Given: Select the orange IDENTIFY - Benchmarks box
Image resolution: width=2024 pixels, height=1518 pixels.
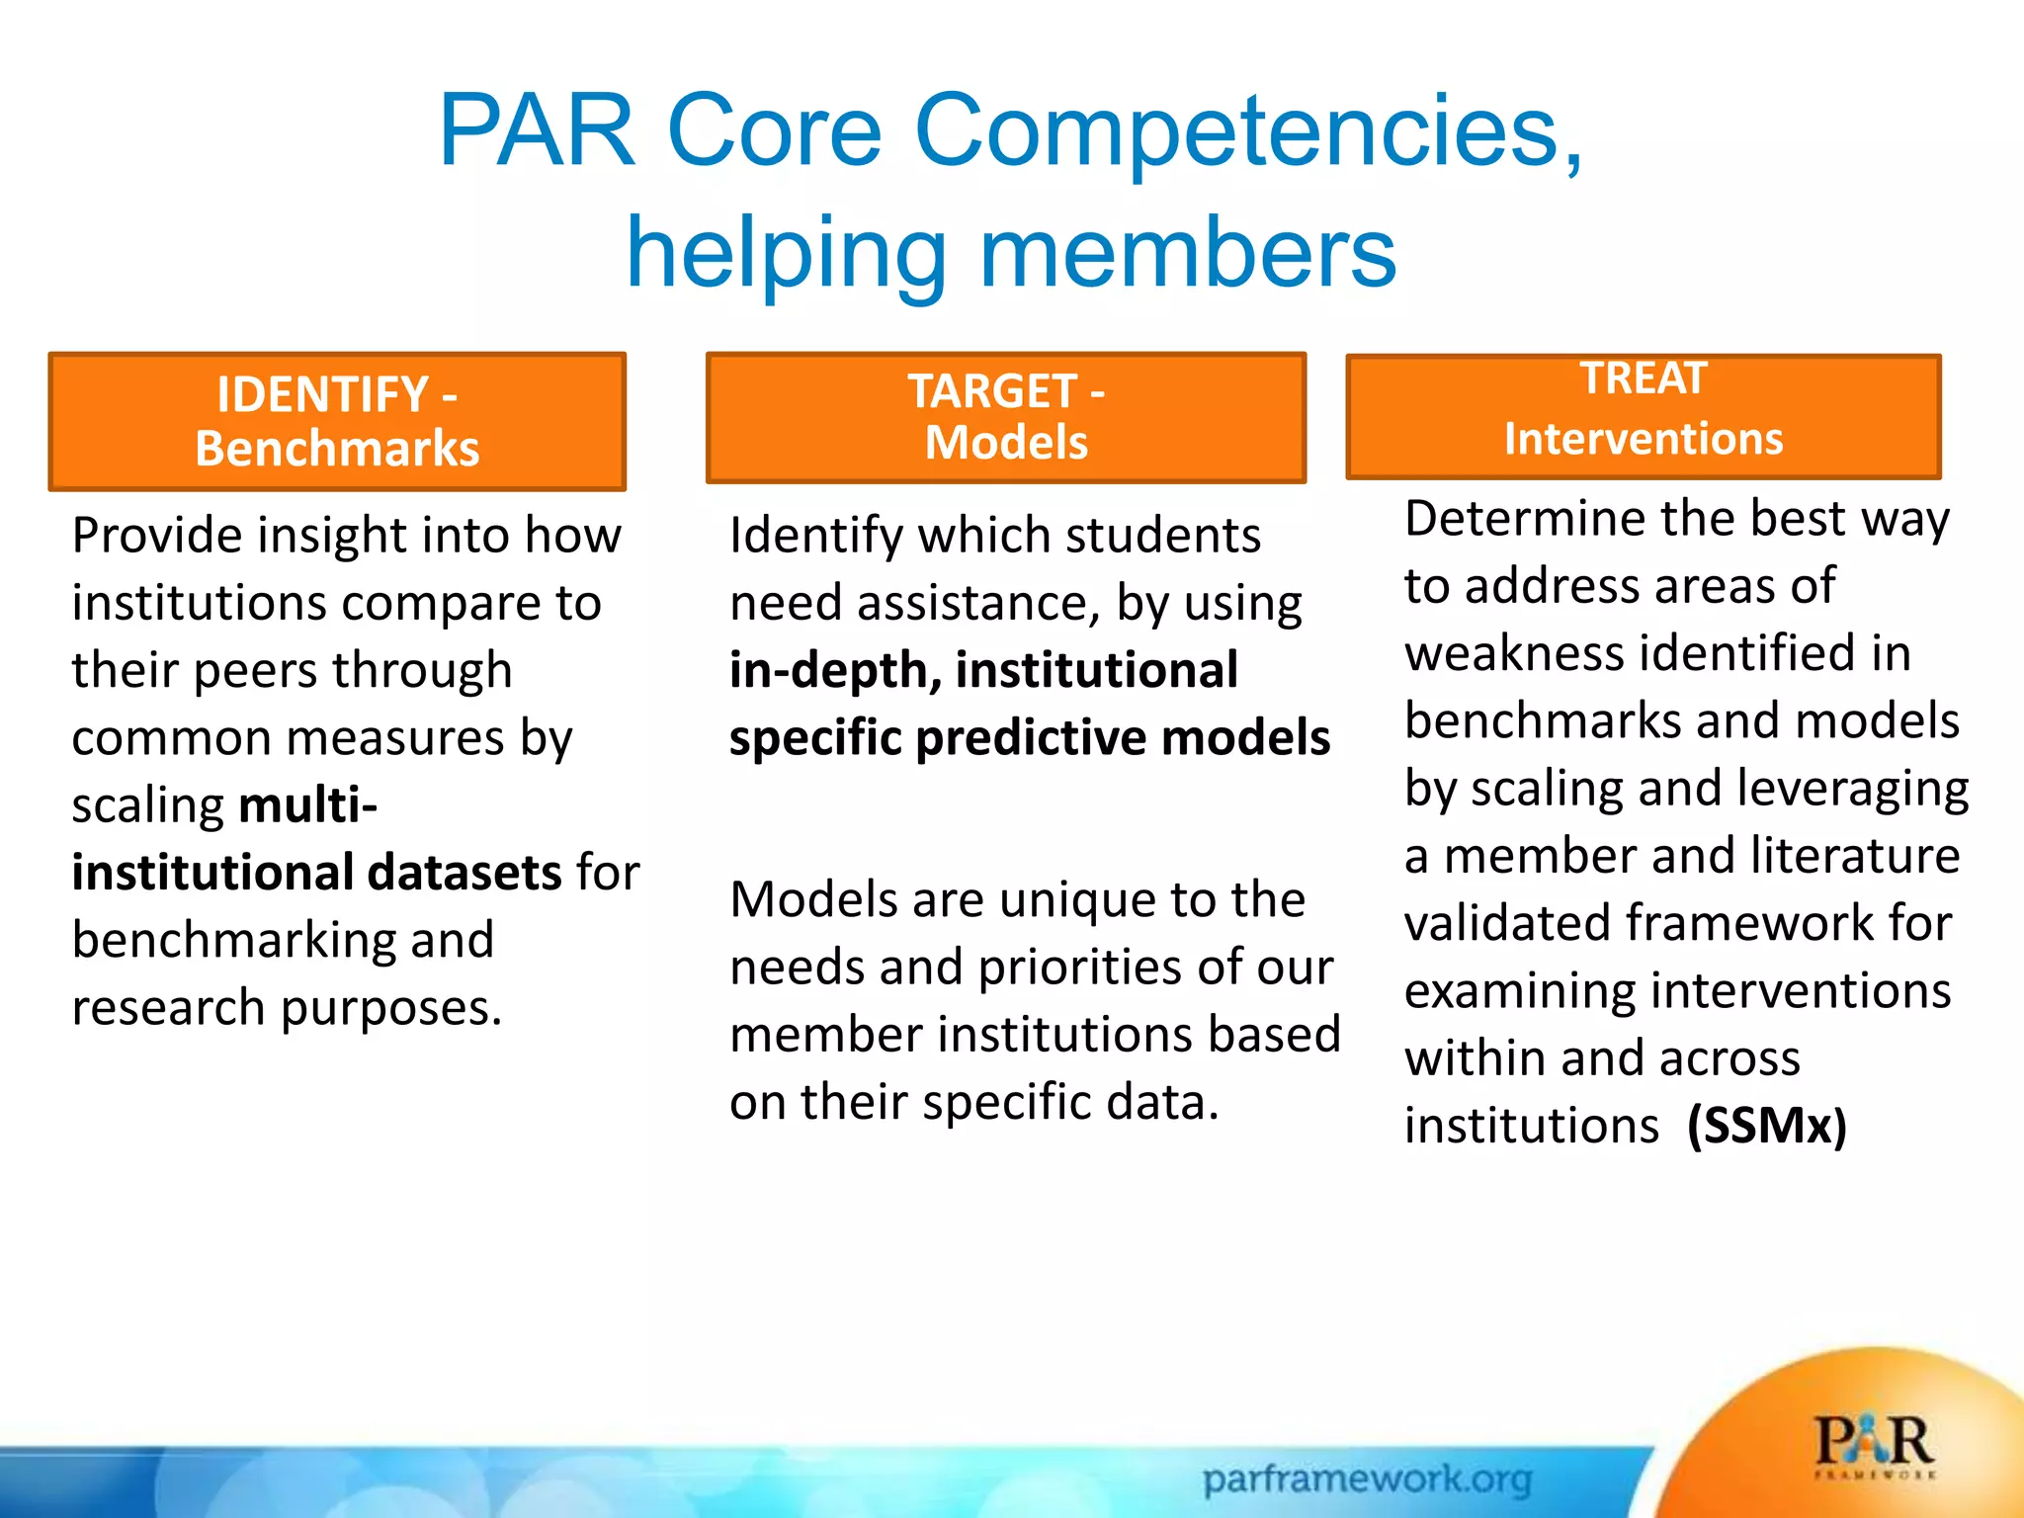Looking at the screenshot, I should click(337, 422).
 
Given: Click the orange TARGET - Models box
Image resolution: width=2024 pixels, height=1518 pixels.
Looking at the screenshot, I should click(1006, 418).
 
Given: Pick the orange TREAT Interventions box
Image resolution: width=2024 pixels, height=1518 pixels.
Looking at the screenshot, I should click(1644, 417).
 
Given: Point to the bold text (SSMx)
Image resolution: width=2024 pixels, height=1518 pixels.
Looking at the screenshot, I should click(1767, 1126).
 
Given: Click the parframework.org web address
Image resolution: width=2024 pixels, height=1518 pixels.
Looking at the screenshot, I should click(1368, 1479).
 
